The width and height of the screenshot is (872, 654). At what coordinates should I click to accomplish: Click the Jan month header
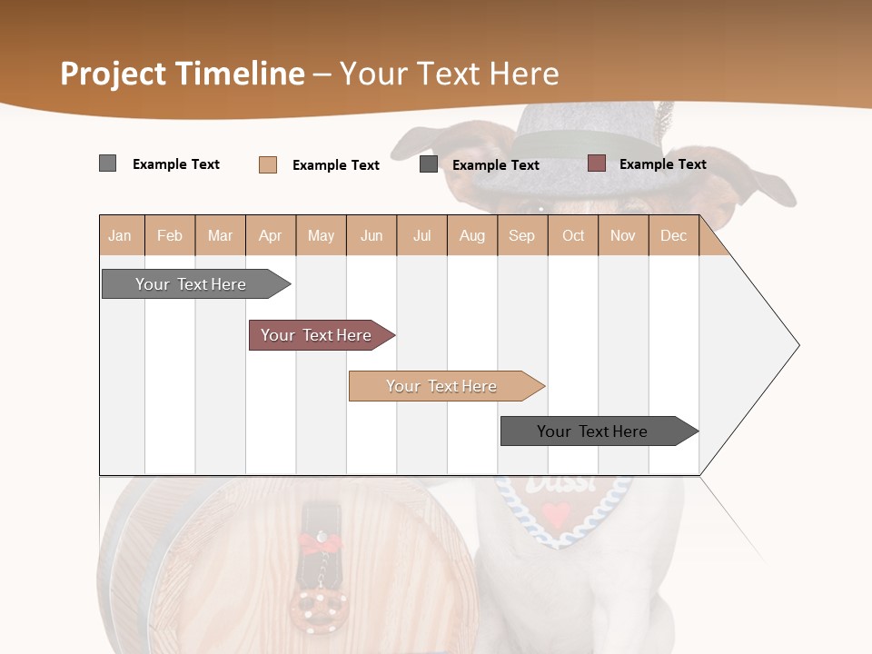(x=121, y=235)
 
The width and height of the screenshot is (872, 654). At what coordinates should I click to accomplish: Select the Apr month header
(x=271, y=235)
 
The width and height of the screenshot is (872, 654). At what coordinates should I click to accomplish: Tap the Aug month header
(x=472, y=235)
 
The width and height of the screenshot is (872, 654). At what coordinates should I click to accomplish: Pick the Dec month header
(x=674, y=235)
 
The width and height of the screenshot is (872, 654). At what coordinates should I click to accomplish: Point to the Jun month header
(x=372, y=235)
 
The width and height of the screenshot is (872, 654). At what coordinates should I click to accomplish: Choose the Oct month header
(x=573, y=235)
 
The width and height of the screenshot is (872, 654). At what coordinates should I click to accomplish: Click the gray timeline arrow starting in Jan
(x=191, y=284)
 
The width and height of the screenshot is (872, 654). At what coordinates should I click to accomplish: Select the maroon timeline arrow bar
(x=316, y=335)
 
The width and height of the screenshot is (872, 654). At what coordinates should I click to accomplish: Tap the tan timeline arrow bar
(x=441, y=386)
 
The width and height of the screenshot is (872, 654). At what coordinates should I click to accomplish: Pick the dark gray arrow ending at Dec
(x=592, y=431)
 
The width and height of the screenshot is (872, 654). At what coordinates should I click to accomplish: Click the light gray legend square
(x=107, y=163)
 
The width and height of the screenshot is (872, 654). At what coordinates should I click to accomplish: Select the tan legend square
(x=267, y=164)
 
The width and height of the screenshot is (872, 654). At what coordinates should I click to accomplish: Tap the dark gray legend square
(x=429, y=164)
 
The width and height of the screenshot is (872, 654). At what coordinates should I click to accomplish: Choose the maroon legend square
(x=596, y=163)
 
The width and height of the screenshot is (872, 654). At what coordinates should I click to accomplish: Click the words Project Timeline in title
(x=183, y=74)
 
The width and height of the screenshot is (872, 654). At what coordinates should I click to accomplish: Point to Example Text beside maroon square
(x=662, y=163)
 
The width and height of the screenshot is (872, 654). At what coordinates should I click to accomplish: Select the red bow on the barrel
(x=319, y=543)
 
